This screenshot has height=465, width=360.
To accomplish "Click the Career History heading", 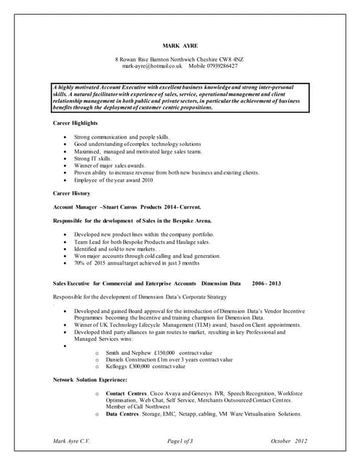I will pos(71,194).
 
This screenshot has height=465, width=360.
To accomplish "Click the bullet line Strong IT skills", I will pos(92,158).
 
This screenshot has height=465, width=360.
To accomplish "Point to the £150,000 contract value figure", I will pos(156,352).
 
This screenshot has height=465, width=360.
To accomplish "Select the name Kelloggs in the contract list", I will pos(119,367).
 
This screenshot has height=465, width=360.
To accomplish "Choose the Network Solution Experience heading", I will pos(90,380).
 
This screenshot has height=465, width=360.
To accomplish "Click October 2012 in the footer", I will pos(289,442).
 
